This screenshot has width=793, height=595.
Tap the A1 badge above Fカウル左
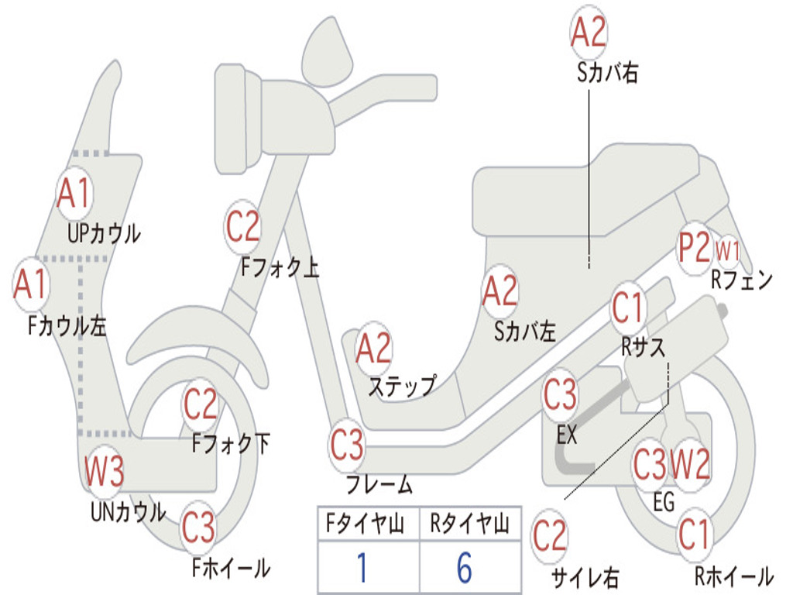tap(31, 284)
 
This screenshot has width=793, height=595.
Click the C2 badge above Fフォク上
tap(242, 227)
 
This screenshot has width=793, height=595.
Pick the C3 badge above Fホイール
tap(199, 527)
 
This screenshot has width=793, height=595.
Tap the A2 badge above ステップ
tap(374, 348)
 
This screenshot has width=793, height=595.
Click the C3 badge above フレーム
tap(347, 445)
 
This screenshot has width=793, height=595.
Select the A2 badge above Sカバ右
tap(589, 31)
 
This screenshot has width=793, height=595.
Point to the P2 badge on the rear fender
tap(695, 248)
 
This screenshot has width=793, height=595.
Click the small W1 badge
tap(727, 251)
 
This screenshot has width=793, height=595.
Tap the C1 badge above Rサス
tap(627, 307)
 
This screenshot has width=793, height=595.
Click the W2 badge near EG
tap(690, 463)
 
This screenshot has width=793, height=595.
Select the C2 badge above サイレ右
tap(550, 536)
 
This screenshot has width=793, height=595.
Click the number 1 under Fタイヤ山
tap(362, 567)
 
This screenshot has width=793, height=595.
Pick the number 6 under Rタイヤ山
tap(465, 567)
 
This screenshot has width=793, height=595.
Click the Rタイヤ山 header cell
tap(470, 524)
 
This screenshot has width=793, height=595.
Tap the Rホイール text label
tap(734, 576)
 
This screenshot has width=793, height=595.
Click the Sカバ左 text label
tap(525, 332)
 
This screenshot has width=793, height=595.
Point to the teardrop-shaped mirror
tap(328, 53)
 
